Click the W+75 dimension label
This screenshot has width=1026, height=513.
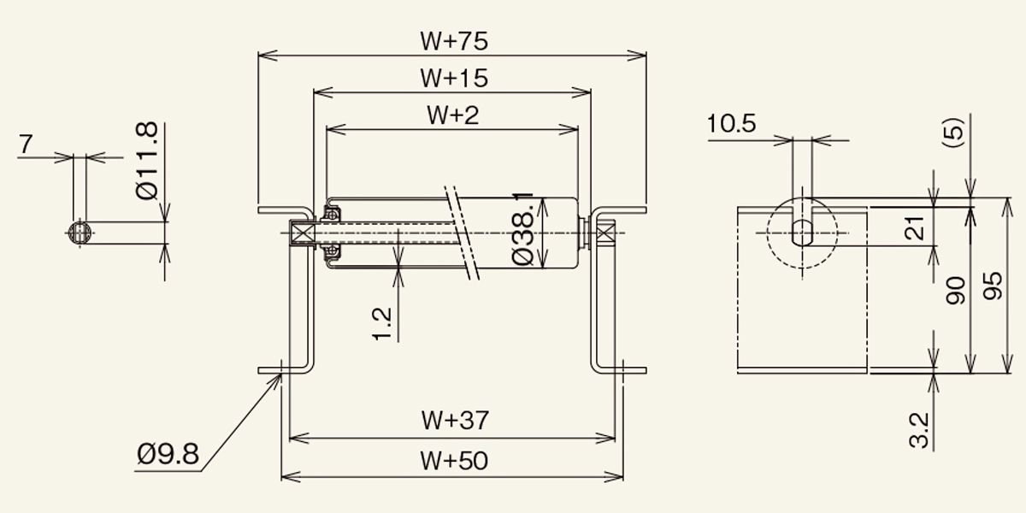[454, 41]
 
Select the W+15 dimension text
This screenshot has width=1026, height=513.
[454, 78]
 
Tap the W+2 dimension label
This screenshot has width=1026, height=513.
[452, 115]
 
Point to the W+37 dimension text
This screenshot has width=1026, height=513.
[455, 420]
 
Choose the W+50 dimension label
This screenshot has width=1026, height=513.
[454, 461]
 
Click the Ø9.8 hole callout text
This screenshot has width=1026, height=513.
[168, 454]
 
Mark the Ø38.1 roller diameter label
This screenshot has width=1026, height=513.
[522, 229]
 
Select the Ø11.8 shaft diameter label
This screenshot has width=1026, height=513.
[147, 161]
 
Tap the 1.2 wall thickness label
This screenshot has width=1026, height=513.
[381, 323]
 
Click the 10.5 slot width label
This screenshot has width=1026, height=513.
[731, 124]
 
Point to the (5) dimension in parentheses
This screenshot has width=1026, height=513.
[953, 133]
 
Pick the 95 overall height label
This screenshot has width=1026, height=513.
[992, 286]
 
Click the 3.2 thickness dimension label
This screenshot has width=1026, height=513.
[919, 430]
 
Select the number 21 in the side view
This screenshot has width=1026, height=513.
[914, 228]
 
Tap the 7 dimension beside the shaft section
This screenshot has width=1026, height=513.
[27, 144]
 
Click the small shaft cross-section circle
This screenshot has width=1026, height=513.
[80, 233]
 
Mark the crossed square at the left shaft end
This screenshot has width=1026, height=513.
[302, 233]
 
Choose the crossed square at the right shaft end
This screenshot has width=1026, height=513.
[604, 233]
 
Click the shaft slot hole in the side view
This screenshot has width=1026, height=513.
[802, 233]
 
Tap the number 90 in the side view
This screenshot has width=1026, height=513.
[956, 291]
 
